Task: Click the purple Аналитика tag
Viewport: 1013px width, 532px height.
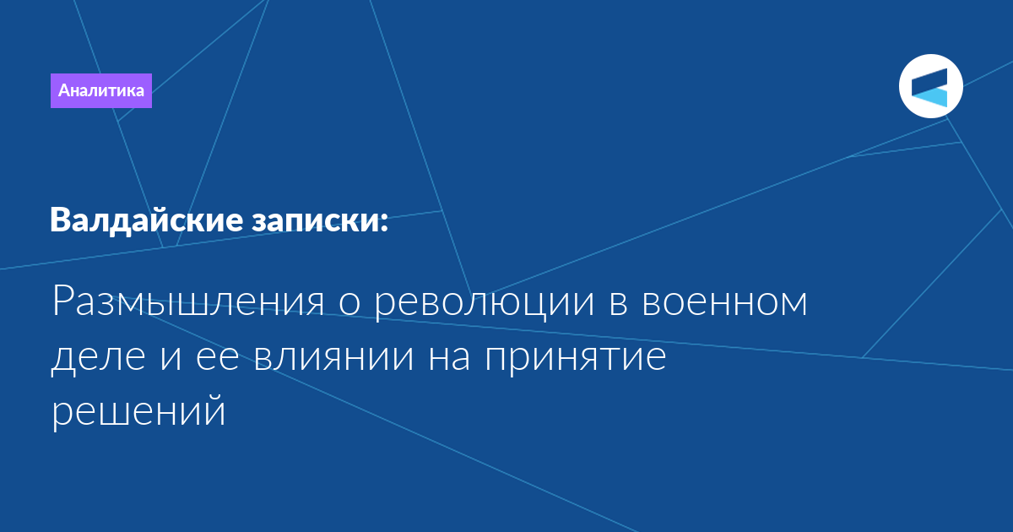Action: coord(100,90)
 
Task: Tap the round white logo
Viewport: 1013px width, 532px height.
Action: coord(930,86)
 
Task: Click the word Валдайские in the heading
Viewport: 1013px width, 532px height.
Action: coord(147,220)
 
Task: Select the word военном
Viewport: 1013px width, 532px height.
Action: coord(724,302)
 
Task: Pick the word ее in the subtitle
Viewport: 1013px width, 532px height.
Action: coord(218,358)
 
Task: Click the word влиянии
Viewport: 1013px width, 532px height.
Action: coord(333,358)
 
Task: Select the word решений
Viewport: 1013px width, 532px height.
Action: coord(138,410)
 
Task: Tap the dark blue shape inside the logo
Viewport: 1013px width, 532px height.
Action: coord(930,82)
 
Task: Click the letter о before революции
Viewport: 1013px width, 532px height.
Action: coord(349,303)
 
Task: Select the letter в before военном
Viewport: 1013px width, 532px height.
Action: coord(618,302)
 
